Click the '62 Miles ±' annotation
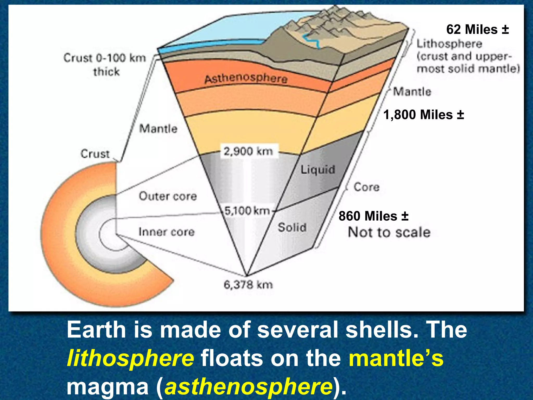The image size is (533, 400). click(477, 29)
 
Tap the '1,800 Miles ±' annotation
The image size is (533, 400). click(423, 115)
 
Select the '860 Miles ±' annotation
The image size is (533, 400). click(373, 216)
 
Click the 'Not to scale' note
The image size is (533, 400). click(389, 232)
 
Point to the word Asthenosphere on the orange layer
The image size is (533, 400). click(246, 79)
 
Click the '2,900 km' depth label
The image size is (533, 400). click(248, 151)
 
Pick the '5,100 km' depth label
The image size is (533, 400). click(247, 210)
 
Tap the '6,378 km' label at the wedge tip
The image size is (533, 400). click(248, 285)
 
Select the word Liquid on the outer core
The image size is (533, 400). click(318, 170)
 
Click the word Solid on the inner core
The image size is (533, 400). click(292, 227)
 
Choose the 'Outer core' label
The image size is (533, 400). click(168, 196)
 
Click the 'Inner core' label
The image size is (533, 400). click(167, 232)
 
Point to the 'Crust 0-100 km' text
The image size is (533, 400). click(105, 58)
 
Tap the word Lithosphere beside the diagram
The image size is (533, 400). click(449, 44)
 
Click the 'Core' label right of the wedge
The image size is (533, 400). click(366, 187)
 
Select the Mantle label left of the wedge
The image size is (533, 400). click(158, 129)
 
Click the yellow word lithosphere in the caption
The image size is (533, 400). click(130, 358)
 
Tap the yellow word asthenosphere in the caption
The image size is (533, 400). click(249, 387)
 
